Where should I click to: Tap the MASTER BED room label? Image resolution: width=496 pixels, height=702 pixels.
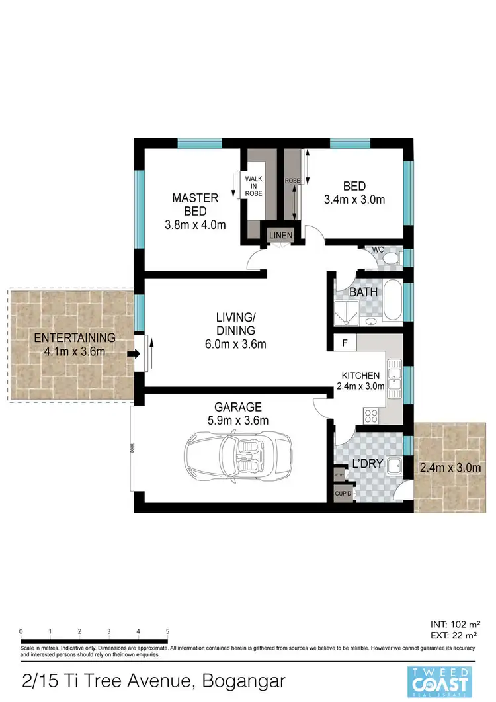pos(195,211)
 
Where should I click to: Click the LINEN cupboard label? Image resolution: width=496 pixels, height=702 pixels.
pos(277,234)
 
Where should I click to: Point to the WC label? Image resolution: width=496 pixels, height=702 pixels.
pos(378,250)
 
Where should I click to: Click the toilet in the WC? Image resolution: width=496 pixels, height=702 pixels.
pos(391,259)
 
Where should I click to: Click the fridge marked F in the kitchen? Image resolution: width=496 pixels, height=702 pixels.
pos(344,344)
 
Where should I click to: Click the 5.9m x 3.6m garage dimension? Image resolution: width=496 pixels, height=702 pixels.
pos(237,420)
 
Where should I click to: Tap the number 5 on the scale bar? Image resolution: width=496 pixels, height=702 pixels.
pos(167,631)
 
